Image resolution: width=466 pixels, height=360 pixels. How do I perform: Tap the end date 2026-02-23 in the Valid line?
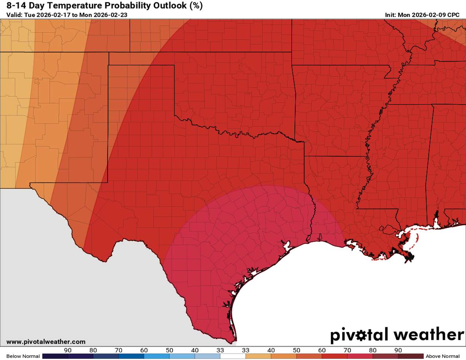[x=110, y=15]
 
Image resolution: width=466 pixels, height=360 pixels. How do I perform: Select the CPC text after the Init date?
[x=453, y=15]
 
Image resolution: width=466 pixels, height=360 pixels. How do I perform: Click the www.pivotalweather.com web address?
[x=46, y=342]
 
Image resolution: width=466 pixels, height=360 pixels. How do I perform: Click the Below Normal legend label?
[x=23, y=356]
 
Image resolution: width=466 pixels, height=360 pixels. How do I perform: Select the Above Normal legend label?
[x=443, y=356]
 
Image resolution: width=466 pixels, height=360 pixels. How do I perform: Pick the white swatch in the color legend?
[x=233, y=356]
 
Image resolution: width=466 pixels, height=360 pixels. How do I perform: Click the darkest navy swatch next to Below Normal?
[x=55, y=356]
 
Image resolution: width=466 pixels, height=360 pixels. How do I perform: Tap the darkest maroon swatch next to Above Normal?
[x=411, y=356]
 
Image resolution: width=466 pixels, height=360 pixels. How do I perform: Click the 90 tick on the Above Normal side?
[x=398, y=351]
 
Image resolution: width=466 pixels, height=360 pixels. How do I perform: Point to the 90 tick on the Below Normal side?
[x=68, y=351]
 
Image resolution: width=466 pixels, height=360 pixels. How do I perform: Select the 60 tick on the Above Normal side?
[x=322, y=351]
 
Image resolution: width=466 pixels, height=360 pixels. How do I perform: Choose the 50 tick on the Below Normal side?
[x=169, y=351]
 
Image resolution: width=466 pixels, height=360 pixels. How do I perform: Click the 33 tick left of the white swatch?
[x=220, y=351]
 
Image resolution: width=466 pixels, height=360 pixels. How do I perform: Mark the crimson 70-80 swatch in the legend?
[x=360, y=356]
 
